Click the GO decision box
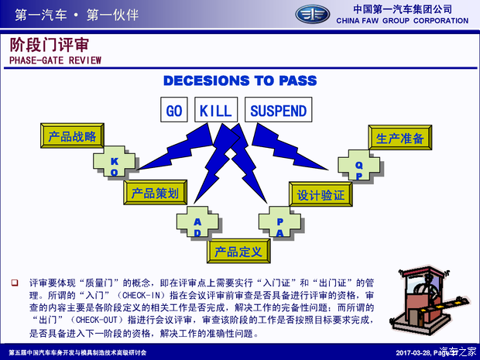[174, 110]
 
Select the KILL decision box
[216, 110]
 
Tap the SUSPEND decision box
[278, 110]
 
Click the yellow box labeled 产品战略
[72, 136]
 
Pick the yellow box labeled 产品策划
[155, 193]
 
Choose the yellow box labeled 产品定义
[238, 252]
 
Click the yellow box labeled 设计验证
[321, 194]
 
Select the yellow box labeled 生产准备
[400, 138]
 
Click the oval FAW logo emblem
[313, 15]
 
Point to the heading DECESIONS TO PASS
[240, 81]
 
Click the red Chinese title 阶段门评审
[50, 45]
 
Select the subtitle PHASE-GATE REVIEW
[56, 60]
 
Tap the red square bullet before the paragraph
[15, 283]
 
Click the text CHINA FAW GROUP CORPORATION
[403, 21]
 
